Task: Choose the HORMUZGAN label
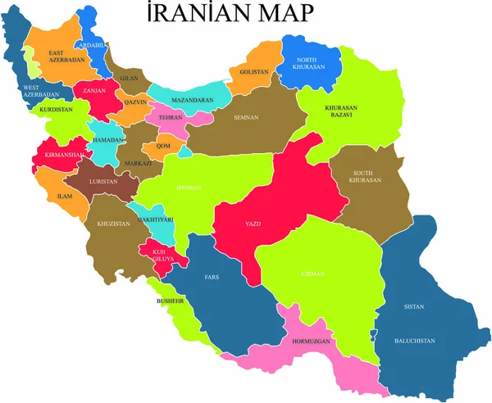[312, 340]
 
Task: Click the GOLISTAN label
[254, 72]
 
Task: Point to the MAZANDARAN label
[193, 101]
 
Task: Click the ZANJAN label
[94, 90]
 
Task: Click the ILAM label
[65, 197]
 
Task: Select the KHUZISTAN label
[114, 224]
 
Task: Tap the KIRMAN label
[312, 274]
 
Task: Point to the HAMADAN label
[107, 140]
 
